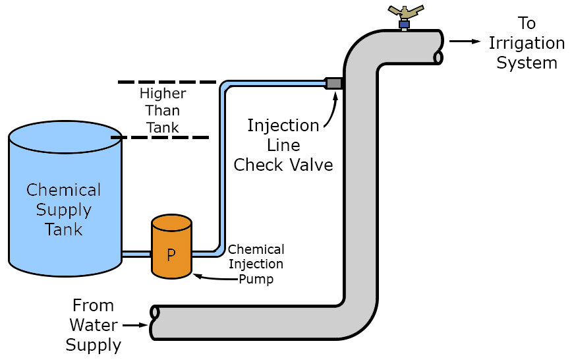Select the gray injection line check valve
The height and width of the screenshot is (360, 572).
[334, 83]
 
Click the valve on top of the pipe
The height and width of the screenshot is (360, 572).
[404, 16]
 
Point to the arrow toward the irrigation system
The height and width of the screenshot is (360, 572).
[465, 41]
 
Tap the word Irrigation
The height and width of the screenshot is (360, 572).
[526, 44]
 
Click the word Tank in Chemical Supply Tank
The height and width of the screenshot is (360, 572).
[64, 229]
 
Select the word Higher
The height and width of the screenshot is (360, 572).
[163, 94]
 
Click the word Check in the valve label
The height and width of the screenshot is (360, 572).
[259, 164]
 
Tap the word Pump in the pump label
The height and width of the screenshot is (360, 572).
[256, 279]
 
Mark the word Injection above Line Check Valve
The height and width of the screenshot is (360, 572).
[283, 125]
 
